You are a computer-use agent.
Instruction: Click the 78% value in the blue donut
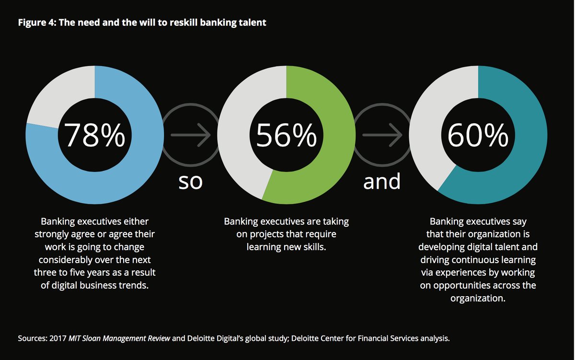[x=94, y=136]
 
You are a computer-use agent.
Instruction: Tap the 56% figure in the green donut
[x=286, y=136]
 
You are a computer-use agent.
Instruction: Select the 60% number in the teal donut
[x=478, y=136]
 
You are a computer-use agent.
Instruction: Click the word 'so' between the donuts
[x=190, y=182]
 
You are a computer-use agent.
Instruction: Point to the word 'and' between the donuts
[x=382, y=182]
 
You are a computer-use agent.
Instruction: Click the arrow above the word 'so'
[x=190, y=136]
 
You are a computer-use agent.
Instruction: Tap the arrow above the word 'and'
[x=382, y=136]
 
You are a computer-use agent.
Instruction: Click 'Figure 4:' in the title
[x=36, y=23]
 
